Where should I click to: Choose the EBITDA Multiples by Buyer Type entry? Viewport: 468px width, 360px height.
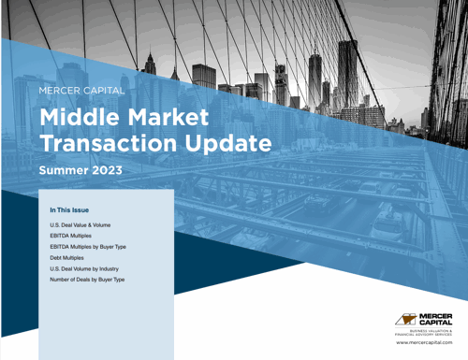coord(92,247)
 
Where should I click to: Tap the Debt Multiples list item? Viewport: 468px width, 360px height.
coord(71,258)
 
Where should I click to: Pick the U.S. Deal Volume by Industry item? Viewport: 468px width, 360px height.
coord(89,268)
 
